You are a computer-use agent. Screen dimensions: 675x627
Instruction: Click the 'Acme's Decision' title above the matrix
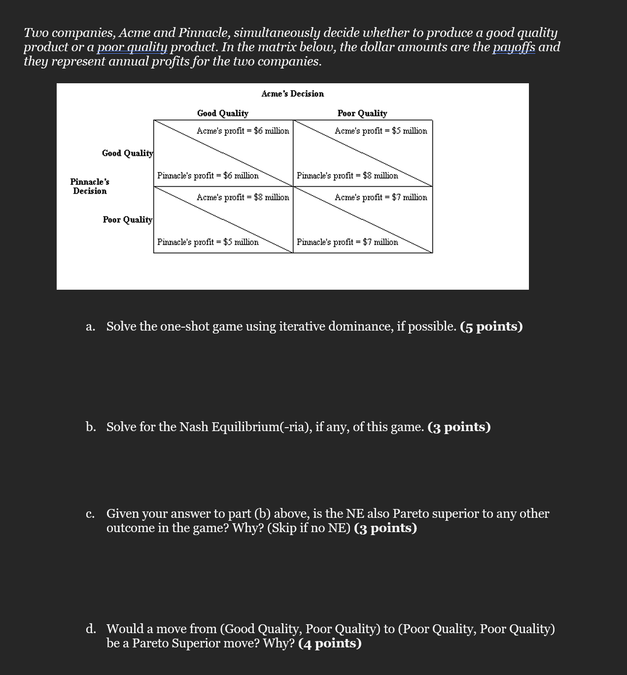[292, 94]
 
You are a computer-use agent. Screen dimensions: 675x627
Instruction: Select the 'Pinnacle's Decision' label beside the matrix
[90, 187]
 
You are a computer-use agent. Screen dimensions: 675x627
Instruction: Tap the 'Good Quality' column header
[222, 113]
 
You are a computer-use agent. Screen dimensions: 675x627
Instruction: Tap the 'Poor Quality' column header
[362, 113]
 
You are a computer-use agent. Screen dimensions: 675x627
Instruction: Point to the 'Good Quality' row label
[127, 153]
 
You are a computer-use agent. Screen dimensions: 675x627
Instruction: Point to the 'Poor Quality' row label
[127, 220]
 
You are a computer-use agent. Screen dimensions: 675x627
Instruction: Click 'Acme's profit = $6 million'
[243, 131]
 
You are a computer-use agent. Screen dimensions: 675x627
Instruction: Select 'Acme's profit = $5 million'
[381, 131]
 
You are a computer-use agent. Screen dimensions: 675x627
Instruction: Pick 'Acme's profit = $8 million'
[243, 198]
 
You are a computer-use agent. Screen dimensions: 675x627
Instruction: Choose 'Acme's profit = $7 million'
[381, 198]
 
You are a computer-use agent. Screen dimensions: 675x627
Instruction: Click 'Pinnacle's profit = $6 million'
[208, 176]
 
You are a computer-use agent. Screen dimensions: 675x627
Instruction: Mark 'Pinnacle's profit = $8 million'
[347, 176]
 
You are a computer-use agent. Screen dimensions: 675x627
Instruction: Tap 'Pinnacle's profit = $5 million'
[208, 242]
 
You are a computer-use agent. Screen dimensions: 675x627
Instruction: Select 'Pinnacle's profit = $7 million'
[347, 242]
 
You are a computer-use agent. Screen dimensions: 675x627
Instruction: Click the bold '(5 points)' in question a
[491, 327]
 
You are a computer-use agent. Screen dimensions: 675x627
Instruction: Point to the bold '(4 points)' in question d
[330, 643]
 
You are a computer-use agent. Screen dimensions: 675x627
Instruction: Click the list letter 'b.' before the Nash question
[91, 427]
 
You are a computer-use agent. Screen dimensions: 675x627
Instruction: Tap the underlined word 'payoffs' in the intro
[514, 47]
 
